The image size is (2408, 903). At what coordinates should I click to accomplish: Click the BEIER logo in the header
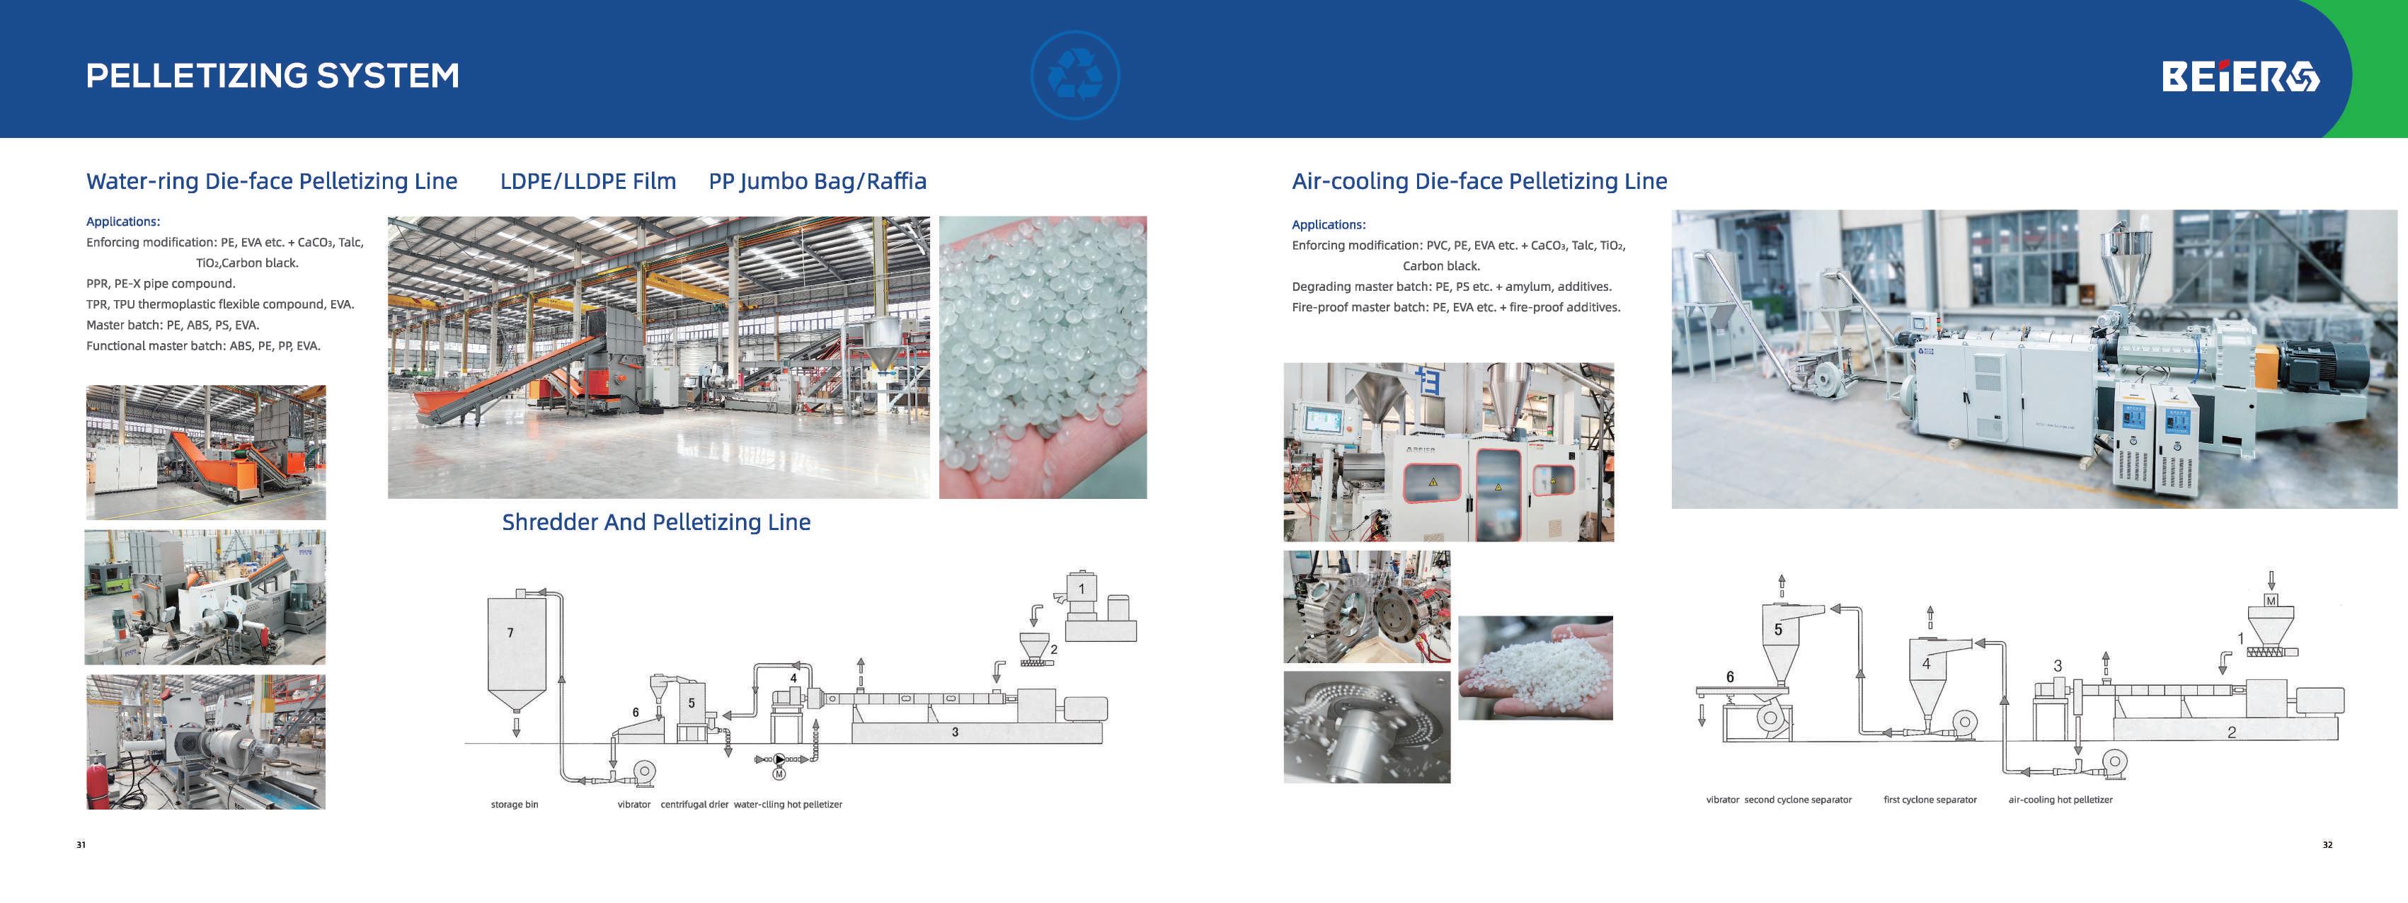[2240, 76]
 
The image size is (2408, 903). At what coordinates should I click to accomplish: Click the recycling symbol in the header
[1075, 76]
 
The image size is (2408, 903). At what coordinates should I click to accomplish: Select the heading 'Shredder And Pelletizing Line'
[655, 522]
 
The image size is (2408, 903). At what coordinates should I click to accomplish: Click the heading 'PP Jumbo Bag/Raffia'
[817, 181]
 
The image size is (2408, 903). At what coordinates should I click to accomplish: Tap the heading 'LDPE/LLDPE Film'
[588, 181]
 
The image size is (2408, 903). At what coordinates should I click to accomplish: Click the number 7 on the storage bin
[510, 633]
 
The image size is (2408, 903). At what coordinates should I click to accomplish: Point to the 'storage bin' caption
[514, 804]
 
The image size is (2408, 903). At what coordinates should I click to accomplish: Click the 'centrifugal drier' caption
[694, 804]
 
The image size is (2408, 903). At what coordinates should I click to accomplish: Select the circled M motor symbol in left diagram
[779, 773]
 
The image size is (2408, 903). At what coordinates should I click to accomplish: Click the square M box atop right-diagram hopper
[2271, 600]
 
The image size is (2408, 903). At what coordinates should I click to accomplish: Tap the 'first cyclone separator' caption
[1930, 799]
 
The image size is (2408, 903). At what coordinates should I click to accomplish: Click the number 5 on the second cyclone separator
[1778, 630]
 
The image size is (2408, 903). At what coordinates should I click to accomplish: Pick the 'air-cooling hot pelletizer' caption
[2060, 799]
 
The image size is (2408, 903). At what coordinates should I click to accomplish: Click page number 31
[81, 845]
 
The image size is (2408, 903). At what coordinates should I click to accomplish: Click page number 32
[2327, 845]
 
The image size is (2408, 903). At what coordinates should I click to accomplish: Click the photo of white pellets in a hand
[1535, 667]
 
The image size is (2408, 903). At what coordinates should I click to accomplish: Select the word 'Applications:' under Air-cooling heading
[1329, 225]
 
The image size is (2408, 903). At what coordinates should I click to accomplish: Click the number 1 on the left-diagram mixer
[1082, 589]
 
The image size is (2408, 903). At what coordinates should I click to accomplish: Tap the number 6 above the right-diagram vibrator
[1729, 677]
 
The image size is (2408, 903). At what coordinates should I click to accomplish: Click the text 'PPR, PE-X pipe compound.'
[161, 283]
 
